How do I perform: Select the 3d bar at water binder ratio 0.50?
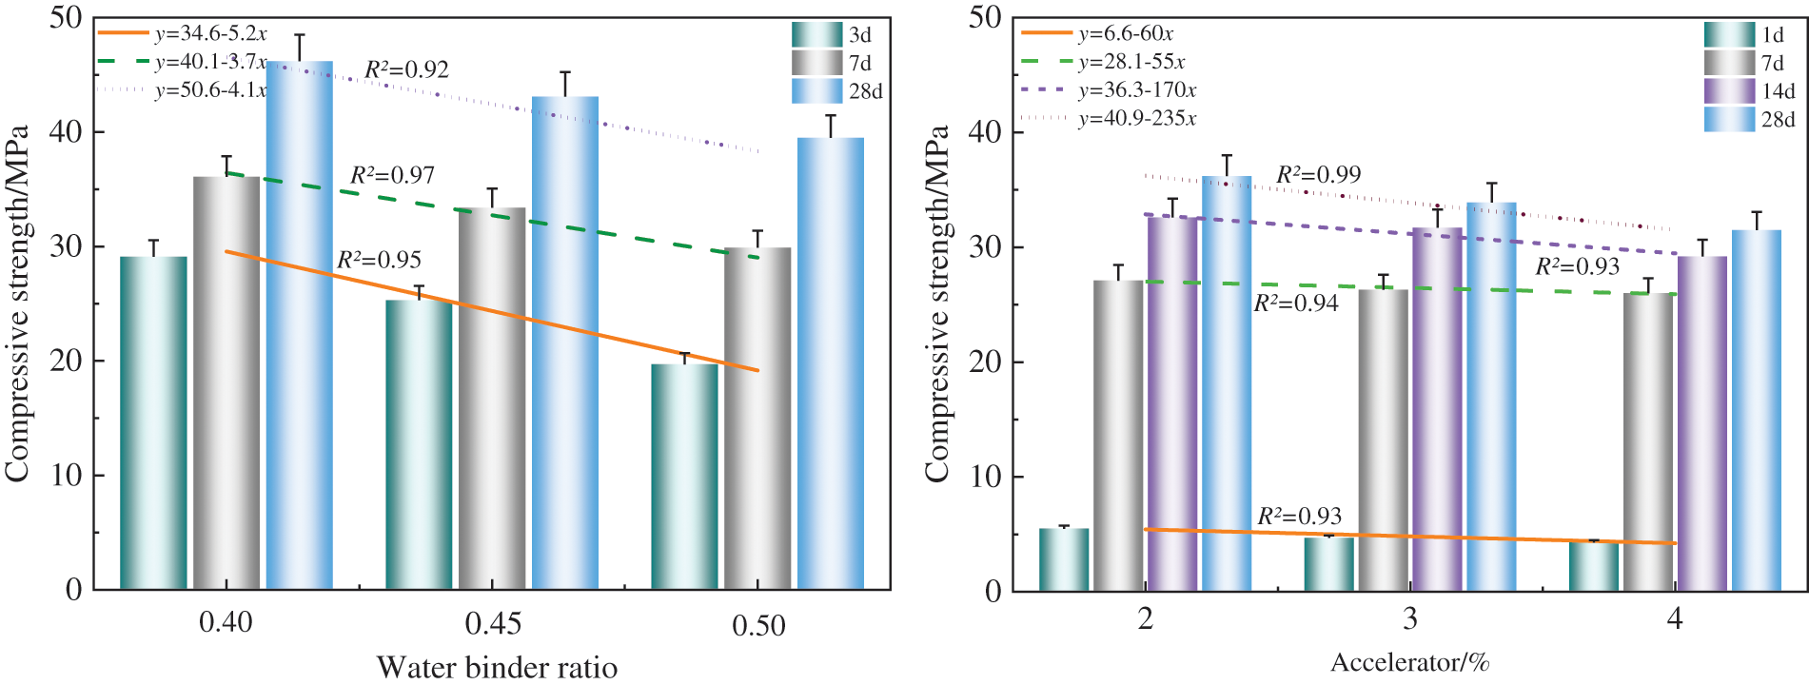click(684, 476)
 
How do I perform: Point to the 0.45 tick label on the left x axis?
click(493, 624)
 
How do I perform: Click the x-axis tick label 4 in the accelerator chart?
click(1675, 619)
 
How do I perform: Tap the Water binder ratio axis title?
click(497, 668)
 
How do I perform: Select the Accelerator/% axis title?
click(1409, 662)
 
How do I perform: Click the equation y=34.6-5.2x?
click(210, 33)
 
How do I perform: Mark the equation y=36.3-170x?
click(1137, 90)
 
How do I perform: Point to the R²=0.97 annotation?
click(392, 175)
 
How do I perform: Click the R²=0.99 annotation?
click(1318, 175)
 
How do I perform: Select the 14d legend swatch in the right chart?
click(1729, 91)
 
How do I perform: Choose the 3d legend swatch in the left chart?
click(816, 35)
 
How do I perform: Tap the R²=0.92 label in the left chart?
click(406, 69)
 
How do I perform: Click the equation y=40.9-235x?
click(1137, 119)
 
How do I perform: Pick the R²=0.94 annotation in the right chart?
click(1295, 303)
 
